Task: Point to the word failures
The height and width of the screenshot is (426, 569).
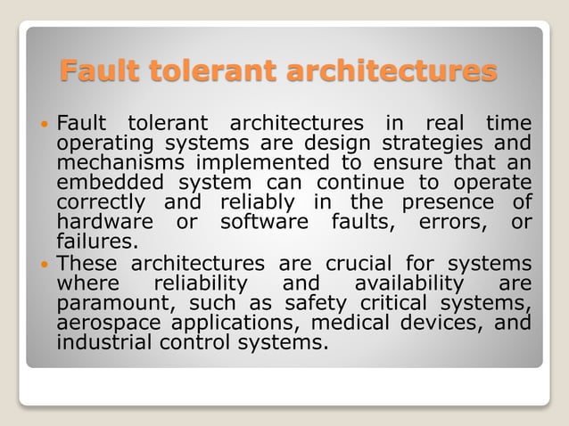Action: click(97, 241)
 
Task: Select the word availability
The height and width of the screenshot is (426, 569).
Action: click(408, 283)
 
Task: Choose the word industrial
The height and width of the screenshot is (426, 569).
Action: click(100, 342)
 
